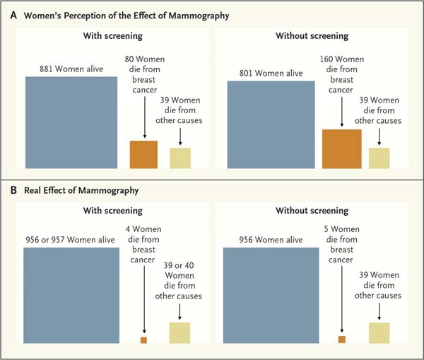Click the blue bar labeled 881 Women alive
[71, 122]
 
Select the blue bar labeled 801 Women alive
[271, 124]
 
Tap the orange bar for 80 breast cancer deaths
[143, 154]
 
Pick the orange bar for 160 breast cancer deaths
[342, 149]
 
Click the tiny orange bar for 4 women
[143, 340]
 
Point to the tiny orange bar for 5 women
[342, 339]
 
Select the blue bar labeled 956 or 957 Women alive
[71, 294]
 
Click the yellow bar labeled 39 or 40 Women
[179, 332]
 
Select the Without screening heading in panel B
[313, 211]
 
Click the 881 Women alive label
[71, 69]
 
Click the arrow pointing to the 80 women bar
[143, 117]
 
